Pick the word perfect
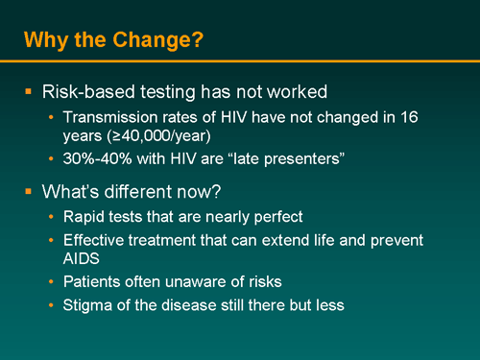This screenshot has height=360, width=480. pyautogui.click(x=290, y=216)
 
